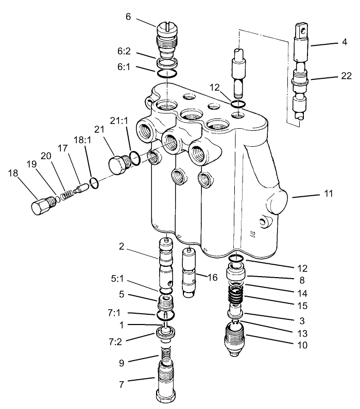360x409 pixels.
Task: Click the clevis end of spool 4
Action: [x=302, y=31]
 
